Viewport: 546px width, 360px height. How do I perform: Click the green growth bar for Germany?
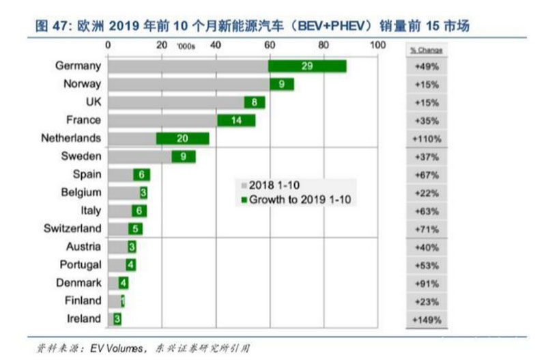307,66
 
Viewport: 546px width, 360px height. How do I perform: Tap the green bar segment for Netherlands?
183,139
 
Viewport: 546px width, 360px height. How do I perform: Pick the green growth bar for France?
236,120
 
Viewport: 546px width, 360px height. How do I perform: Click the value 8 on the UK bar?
255,102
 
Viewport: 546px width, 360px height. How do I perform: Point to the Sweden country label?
81,156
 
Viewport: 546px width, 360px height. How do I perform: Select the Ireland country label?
83,318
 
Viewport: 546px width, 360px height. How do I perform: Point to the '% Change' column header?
426,50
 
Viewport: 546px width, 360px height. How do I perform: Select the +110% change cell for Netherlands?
427,139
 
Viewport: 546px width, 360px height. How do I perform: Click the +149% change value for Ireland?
427,319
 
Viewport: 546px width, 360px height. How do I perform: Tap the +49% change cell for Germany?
427,67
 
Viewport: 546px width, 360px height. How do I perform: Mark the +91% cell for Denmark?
427,283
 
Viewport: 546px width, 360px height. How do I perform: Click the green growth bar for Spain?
141,174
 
